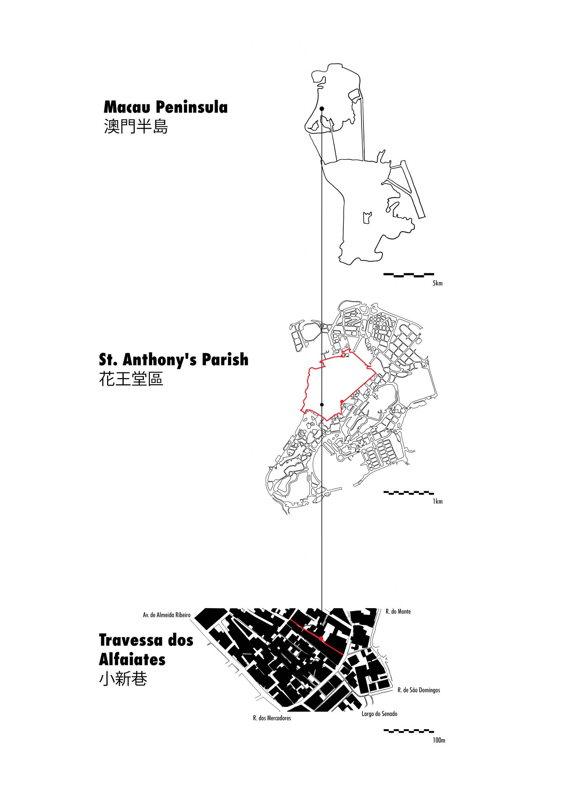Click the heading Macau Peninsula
[x=165, y=107]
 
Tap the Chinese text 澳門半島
[x=136, y=126]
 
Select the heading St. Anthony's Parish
[x=174, y=360]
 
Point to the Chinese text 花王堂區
[x=131, y=379]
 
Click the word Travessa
[x=131, y=640]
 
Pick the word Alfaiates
[x=132, y=660]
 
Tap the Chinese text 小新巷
[x=123, y=680]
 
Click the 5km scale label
[x=437, y=283]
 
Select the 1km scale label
[x=437, y=502]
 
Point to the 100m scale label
[x=439, y=740]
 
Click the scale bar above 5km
[x=408, y=274]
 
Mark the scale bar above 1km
[x=408, y=493]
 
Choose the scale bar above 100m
[x=408, y=731]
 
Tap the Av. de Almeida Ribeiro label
[x=166, y=615]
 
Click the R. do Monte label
[x=398, y=611]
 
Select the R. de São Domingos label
[x=419, y=690]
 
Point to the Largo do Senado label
[x=379, y=714]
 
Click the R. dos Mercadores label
[x=272, y=718]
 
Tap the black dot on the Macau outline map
[x=322, y=108]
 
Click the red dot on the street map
[x=321, y=639]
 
